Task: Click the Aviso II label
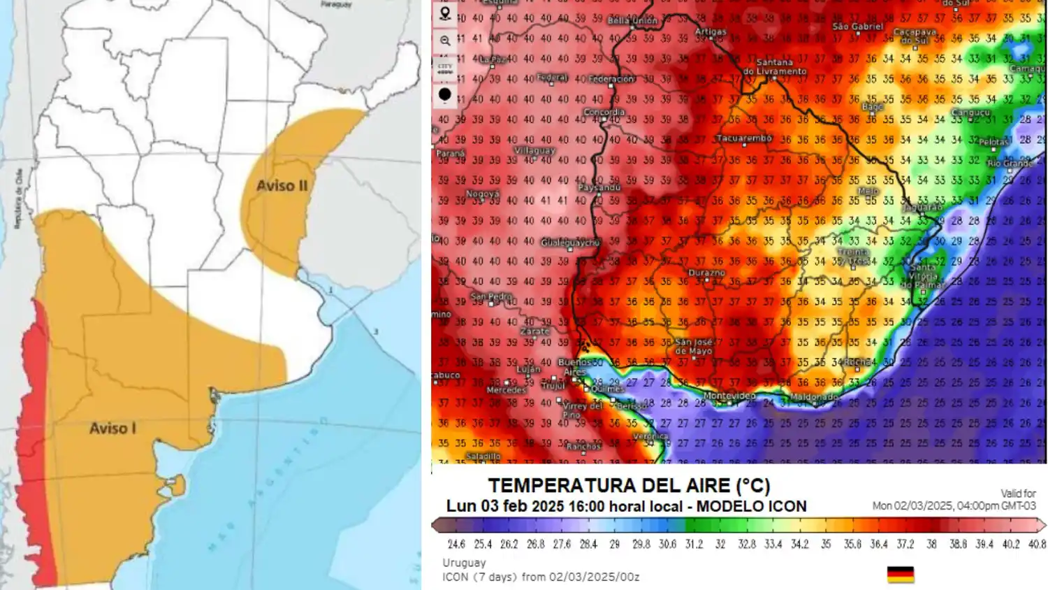(x=282, y=185)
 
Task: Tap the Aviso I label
(x=112, y=428)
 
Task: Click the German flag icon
(x=901, y=575)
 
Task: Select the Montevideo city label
(x=729, y=396)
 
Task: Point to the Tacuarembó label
(x=744, y=138)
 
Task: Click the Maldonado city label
(x=814, y=396)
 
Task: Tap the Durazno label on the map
(x=707, y=273)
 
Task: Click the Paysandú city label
(x=599, y=187)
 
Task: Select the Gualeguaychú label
(x=570, y=243)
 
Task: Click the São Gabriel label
(x=858, y=27)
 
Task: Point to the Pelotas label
(x=994, y=142)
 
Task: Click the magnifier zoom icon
(x=445, y=41)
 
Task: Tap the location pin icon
(x=445, y=13)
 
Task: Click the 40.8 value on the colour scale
(x=1037, y=544)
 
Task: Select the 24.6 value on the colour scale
(x=456, y=544)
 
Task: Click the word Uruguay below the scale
(x=464, y=563)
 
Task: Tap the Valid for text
(x=1018, y=494)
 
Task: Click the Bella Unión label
(x=632, y=21)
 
